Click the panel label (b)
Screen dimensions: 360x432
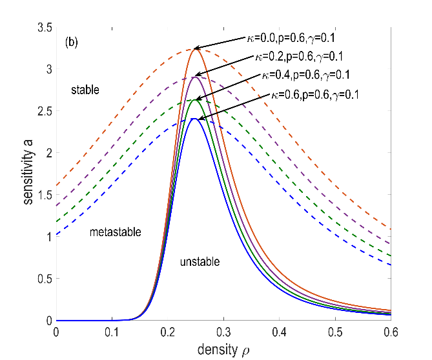click(72, 43)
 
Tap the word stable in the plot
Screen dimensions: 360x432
click(85, 90)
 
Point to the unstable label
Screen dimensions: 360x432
click(200, 261)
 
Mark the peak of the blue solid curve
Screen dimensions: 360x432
click(195, 119)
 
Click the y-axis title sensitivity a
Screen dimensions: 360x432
click(29, 174)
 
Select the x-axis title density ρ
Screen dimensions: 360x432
click(223, 349)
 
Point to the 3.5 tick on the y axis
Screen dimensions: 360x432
click(43, 28)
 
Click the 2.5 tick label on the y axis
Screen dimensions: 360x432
click(43, 112)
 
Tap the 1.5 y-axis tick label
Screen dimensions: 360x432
click(43, 195)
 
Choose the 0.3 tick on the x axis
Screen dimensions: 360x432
click(223, 332)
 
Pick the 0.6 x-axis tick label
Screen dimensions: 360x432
click(390, 332)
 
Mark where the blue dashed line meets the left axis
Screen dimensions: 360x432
click(56, 235)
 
